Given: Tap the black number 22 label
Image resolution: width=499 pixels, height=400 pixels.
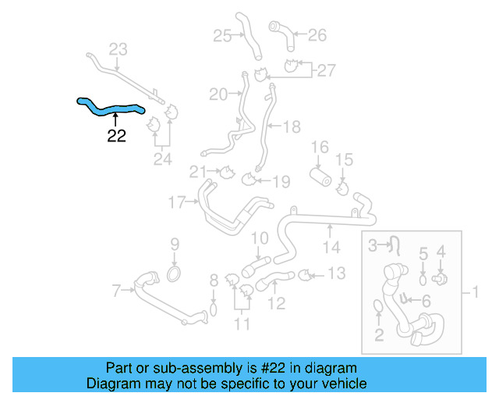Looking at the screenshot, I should click(x=116, y=136).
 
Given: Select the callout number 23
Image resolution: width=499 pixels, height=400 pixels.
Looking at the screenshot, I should click(x=117, y=50).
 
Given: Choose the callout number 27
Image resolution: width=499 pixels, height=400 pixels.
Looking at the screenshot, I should click(x=325, y=70).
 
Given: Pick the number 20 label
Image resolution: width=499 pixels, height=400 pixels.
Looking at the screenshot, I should click(x=218, y=95).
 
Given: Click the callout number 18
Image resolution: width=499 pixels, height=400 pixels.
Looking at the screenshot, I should click(x=291, y=125).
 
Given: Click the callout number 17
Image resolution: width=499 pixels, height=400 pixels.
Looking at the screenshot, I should click(x=177, y=203).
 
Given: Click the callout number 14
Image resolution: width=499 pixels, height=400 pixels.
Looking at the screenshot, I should click(x=331, y=248).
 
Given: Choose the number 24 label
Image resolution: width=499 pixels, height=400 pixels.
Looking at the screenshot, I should click(x=162, y=160).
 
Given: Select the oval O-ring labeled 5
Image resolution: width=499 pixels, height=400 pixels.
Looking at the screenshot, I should click(x=423, y=277).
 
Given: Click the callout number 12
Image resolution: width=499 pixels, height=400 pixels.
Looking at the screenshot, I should click(x=277, y=302).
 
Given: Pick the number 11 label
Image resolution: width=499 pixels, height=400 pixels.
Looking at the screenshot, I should click(x=242, y=323).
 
